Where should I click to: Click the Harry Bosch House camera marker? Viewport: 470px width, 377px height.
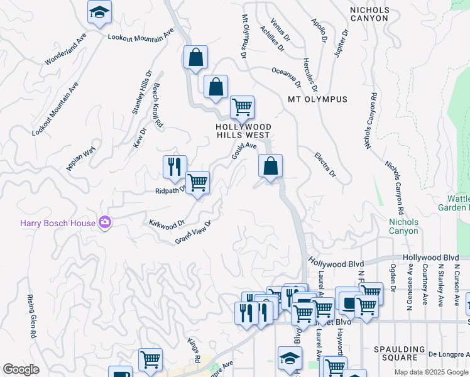105,222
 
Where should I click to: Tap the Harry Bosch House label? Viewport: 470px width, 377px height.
57,222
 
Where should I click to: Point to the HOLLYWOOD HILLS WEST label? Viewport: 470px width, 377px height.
243,131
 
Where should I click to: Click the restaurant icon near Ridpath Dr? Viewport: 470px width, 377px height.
174,167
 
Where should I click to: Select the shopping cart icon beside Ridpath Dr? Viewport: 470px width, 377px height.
198,183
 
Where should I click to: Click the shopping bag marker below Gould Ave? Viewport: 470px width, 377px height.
270,167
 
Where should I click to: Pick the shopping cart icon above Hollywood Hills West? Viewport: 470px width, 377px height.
242,107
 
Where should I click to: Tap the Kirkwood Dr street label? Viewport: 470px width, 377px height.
167,223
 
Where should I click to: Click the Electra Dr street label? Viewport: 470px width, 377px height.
325,165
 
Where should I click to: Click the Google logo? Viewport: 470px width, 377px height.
21,369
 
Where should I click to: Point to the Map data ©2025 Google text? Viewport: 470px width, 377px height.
430,372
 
